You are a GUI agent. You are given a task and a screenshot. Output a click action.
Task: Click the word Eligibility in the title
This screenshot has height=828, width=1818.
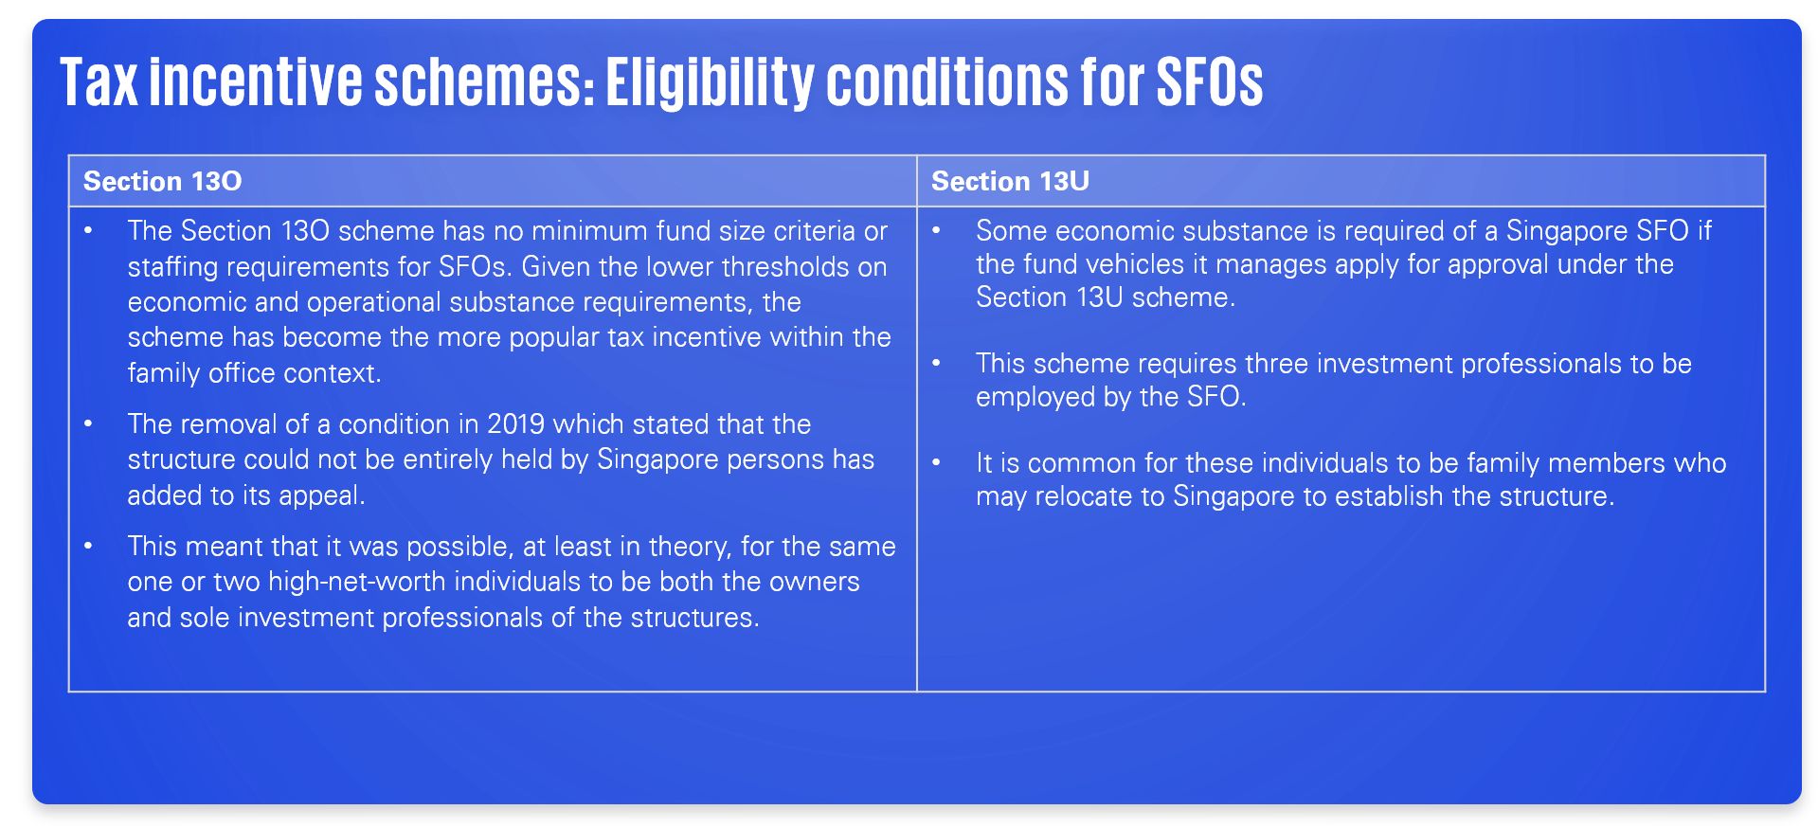[x=709, y=82]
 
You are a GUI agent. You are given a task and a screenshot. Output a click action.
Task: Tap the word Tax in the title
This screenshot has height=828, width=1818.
[x=99, y=81]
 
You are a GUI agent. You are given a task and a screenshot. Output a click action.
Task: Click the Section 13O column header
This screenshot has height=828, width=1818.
[x=163, y=181]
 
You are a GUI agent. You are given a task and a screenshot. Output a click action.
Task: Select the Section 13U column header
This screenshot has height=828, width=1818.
[x=1010, y=181]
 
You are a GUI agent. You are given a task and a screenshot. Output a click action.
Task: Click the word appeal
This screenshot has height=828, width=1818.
[x=319, y=495]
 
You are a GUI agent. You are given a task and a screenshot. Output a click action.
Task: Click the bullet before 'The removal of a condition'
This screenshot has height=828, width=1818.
[x=88, y=423]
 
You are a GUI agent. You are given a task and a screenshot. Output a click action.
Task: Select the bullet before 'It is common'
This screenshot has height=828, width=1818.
[x=936, y=462]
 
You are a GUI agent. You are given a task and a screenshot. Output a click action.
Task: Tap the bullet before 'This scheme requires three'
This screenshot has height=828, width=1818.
[x=936, y=363]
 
